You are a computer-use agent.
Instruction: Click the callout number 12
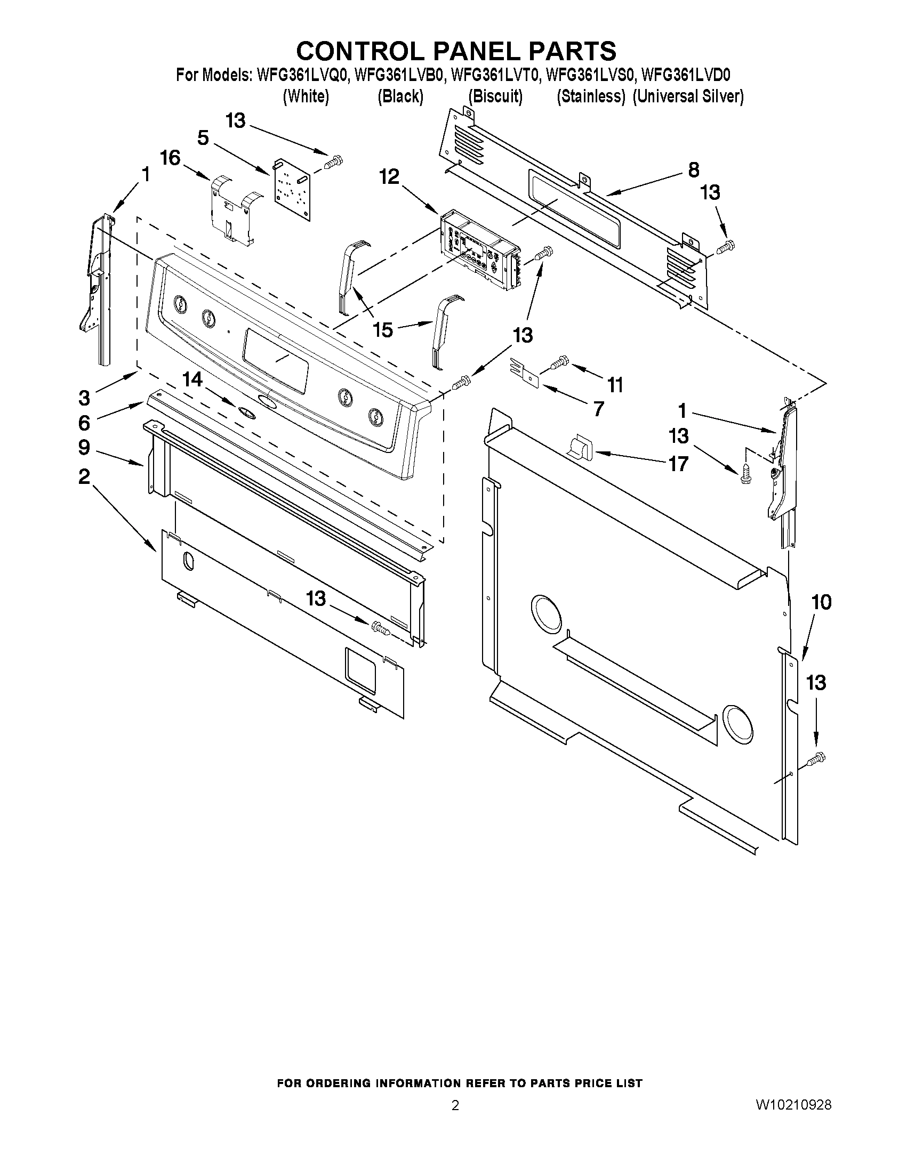point(390,177)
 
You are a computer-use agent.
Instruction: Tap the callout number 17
point(678,463)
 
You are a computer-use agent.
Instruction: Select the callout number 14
point(192,380)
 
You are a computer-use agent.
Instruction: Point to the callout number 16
point(170,158)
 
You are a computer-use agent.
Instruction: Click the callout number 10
point(821,602)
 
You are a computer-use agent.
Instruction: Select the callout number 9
point(84,447)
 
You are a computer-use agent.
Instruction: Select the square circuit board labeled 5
point(292,189)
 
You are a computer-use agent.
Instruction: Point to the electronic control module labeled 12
point(480,248)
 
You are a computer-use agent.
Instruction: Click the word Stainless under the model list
point(591,96)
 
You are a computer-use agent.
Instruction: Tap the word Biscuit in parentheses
point(495,96)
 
